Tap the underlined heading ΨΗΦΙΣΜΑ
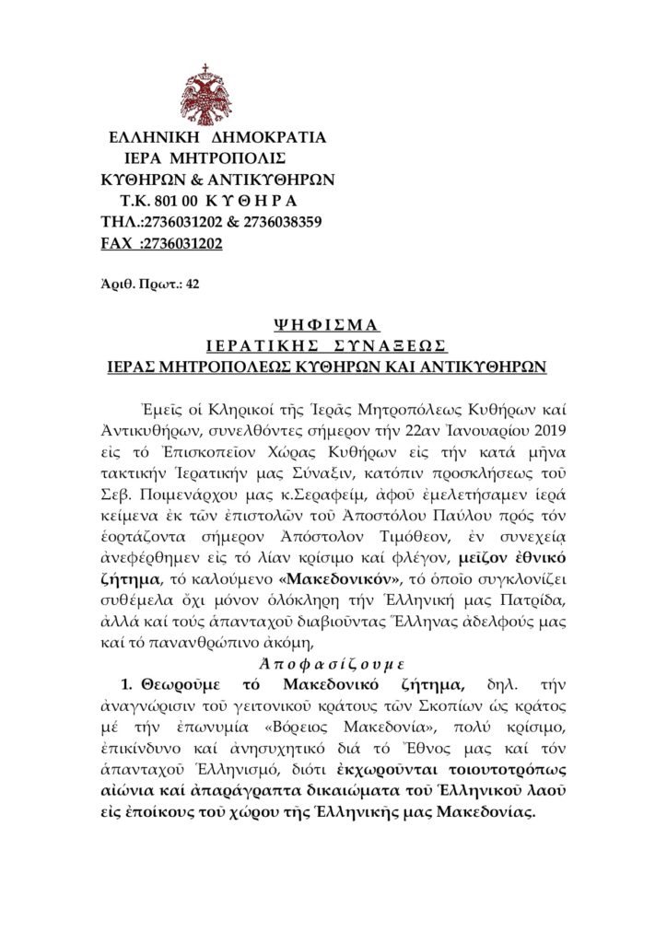pyautogui.click(x=327, y=324)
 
